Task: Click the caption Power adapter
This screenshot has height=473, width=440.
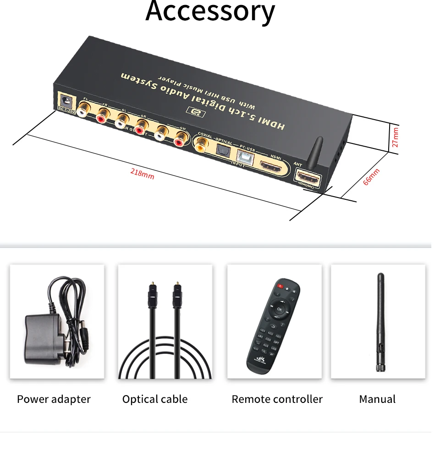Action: pyautogui.click(x=54, y=399)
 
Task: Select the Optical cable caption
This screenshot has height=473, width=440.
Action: pyautogui.click(x=155, y=399)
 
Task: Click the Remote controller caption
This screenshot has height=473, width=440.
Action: pyautogui.click(x=277, y=399)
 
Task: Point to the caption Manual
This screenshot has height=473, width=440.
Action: pyautogui.click(x=377, y=399)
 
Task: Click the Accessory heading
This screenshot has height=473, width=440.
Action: pyautogui.click(x=210, y=11)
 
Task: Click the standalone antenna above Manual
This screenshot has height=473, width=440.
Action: pyautogui.click(x=379, y=321)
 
